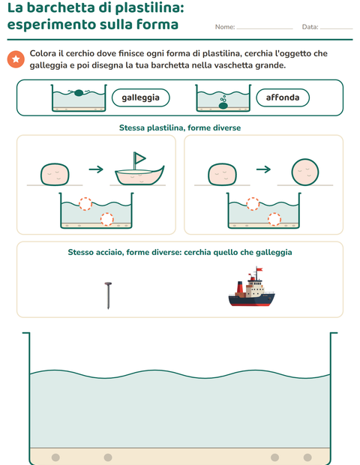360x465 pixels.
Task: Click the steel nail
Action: click(x=108, y=295)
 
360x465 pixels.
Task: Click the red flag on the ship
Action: click(x=259, y=269)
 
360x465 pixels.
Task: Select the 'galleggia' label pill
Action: click(x=140, y=97)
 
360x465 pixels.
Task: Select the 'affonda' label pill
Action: click(x=283, y=97)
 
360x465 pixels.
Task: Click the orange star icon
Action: click(x=16, y=59)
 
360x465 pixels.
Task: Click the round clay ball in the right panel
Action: click(x=305, y=172)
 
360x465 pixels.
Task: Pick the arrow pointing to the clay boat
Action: click(x=96, y=169)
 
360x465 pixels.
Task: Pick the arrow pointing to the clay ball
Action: click(x=263, y=169)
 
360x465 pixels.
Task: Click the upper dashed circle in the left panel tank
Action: click(x=85, y=204)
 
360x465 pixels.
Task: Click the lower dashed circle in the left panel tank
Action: click(x=107, y=219)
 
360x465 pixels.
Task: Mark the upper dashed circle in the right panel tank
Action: click(x=253, y=204)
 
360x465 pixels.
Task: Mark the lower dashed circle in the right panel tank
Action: click(x=274, y=219)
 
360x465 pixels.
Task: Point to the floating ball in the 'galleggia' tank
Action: click(x=79, y=93)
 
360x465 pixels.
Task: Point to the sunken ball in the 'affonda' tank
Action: click(x=223, y=106)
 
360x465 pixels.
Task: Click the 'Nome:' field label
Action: click(x=225, y=27)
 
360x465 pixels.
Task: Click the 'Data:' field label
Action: click(x=310, y=27)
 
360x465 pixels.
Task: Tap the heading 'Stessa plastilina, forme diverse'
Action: click(x=180, y=127)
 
